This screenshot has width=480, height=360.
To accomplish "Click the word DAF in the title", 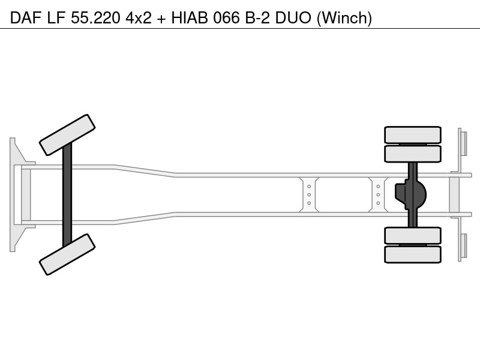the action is point(26,18).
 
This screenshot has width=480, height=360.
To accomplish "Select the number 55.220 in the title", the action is point(95,18).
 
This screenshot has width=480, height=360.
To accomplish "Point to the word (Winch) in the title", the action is point(344,18).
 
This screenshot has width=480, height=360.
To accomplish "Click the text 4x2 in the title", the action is point(139,18).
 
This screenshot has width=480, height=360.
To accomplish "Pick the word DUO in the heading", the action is point(293,18).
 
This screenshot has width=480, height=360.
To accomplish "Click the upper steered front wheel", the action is point(67,135).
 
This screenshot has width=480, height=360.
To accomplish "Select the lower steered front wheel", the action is point(67,254).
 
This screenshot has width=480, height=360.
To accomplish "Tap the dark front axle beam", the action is point(67,194).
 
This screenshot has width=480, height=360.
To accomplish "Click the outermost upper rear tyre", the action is point(413,135).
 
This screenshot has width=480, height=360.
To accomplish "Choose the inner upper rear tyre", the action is point(413,154).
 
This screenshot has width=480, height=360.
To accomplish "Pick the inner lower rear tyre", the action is point(413,235).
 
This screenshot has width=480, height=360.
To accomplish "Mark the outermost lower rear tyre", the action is point(413,254).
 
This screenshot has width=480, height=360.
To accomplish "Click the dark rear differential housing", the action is point(410,194).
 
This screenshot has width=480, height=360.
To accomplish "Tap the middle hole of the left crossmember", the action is point(309,194).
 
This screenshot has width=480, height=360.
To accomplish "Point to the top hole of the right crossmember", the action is point(378,187).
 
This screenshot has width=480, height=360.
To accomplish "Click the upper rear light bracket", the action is point(462,144).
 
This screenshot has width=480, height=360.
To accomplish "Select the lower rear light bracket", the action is point(462,247).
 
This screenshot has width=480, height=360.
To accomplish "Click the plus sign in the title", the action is point(161,19).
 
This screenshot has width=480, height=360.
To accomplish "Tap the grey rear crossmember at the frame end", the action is point(454,194).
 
